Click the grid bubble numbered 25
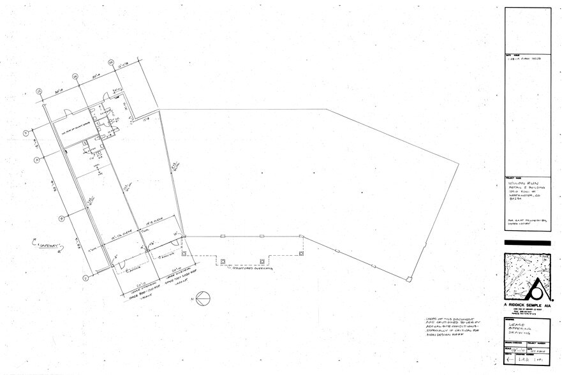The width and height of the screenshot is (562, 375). click(38, 91)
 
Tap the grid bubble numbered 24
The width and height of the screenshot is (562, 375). click(75, 76)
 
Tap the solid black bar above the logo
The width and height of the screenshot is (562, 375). click(527, 243)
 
